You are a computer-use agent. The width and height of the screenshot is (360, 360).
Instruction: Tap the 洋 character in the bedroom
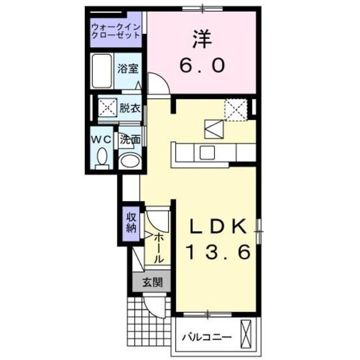[202, 38]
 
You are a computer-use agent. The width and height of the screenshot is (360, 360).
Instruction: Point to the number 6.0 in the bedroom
[202, 65]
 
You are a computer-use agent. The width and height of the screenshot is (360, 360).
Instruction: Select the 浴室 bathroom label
[128, 69]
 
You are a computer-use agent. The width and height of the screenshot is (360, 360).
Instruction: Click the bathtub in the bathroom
[102, 70]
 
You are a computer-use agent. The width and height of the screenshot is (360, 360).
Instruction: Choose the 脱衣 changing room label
[129, 108]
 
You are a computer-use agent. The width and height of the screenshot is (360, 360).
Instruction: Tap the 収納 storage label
[131, 223]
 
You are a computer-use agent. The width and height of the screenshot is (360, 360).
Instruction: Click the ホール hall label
[158, 248]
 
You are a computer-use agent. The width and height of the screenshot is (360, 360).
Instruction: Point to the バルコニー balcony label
[206, 337]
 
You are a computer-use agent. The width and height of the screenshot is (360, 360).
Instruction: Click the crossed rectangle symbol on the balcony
[245, 334]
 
